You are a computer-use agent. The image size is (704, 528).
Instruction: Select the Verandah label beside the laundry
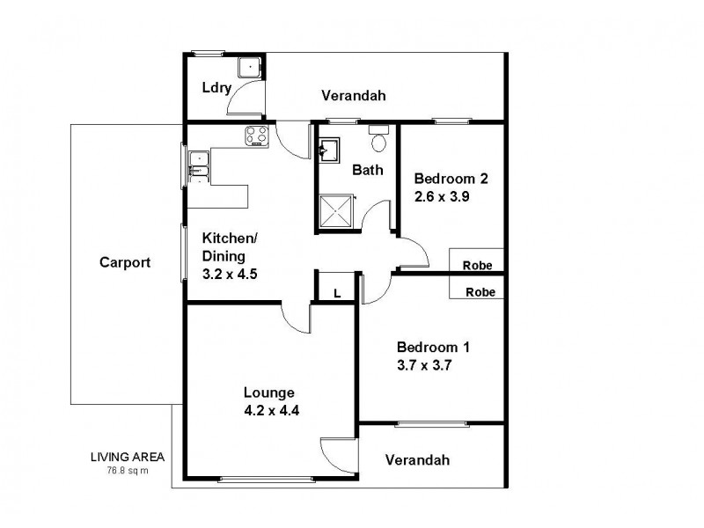tap(354, 95)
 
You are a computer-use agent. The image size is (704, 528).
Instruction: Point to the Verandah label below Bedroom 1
tap(417, 459)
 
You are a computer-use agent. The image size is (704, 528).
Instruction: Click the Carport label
tap(125, 262)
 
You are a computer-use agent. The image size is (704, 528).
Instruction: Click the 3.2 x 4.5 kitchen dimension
tap(230, 273)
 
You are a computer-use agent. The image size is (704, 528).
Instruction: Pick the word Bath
tap(368, 170)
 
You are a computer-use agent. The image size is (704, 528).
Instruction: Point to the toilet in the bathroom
tap(379, 141)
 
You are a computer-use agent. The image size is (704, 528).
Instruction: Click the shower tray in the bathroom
tap(335, 210)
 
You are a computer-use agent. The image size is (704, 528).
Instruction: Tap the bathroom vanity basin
tap(327, 150)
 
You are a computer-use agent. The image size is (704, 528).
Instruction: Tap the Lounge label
tap(269, 392)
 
